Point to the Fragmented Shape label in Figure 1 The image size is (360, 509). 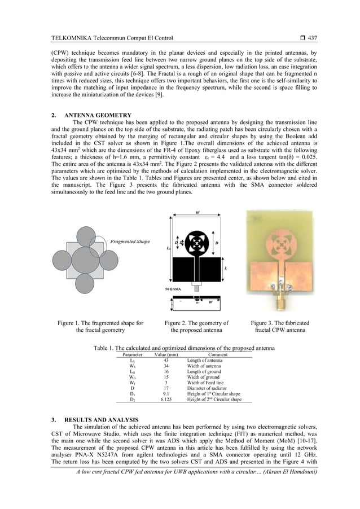[130, 242]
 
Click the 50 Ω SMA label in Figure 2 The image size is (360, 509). [179, 288]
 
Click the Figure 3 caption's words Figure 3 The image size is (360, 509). [264, 323]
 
